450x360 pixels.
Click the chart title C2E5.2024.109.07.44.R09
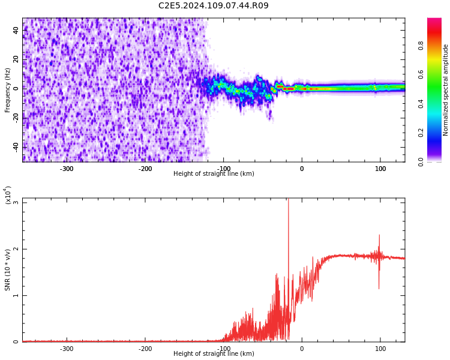point(214,6)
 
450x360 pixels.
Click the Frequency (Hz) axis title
point(8,90)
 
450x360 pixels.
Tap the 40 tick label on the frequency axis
point(16,29)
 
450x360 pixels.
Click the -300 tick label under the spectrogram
point(67,169)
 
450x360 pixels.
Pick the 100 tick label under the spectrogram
point(380,169)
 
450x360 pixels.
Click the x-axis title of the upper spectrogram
point(214,174)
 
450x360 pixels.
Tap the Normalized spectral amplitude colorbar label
point(446,90)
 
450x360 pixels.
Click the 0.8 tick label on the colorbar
point(438,44)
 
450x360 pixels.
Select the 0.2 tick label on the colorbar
point(438,132)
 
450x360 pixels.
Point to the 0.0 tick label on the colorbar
point(438,161)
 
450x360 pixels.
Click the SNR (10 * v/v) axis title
point(8,270)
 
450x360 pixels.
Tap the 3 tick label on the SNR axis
point(16,203)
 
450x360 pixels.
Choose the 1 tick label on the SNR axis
point(16,296)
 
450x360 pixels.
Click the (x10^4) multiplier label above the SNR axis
point(8,194)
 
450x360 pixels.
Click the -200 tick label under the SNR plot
point(145,349)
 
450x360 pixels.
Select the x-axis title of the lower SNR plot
point(214,354)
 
